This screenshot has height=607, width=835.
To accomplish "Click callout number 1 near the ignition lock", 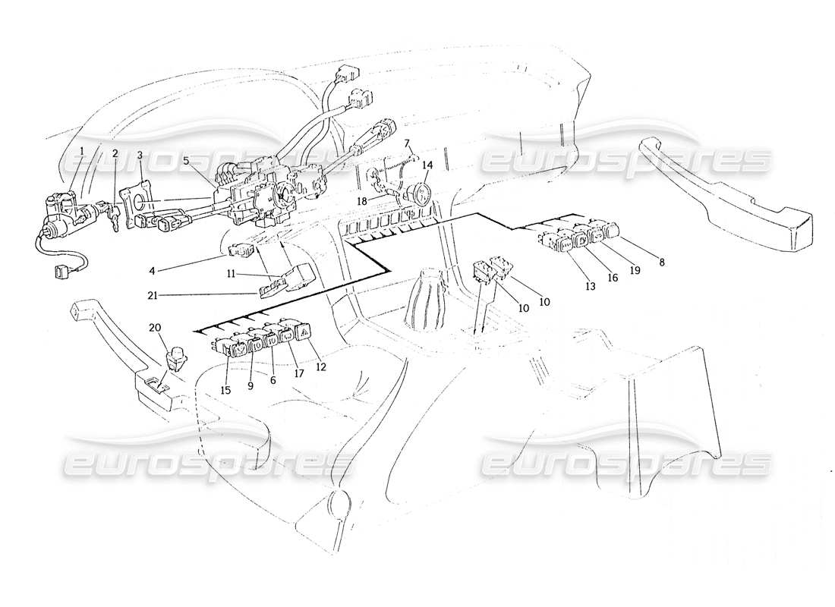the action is pos(82,151).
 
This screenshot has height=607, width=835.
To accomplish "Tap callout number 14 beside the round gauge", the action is pos(427,165).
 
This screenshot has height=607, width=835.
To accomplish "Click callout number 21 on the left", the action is pos(153,296).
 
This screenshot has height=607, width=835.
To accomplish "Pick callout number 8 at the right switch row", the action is pos(661,262).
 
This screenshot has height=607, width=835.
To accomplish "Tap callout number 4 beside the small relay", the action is pos(152,271).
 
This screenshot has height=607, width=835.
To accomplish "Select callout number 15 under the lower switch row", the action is pos(225,390).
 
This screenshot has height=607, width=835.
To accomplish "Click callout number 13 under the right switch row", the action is pos(590,287).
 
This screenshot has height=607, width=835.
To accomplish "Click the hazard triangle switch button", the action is pos(303,334).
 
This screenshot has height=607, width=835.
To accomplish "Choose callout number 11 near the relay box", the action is pos(231,274).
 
